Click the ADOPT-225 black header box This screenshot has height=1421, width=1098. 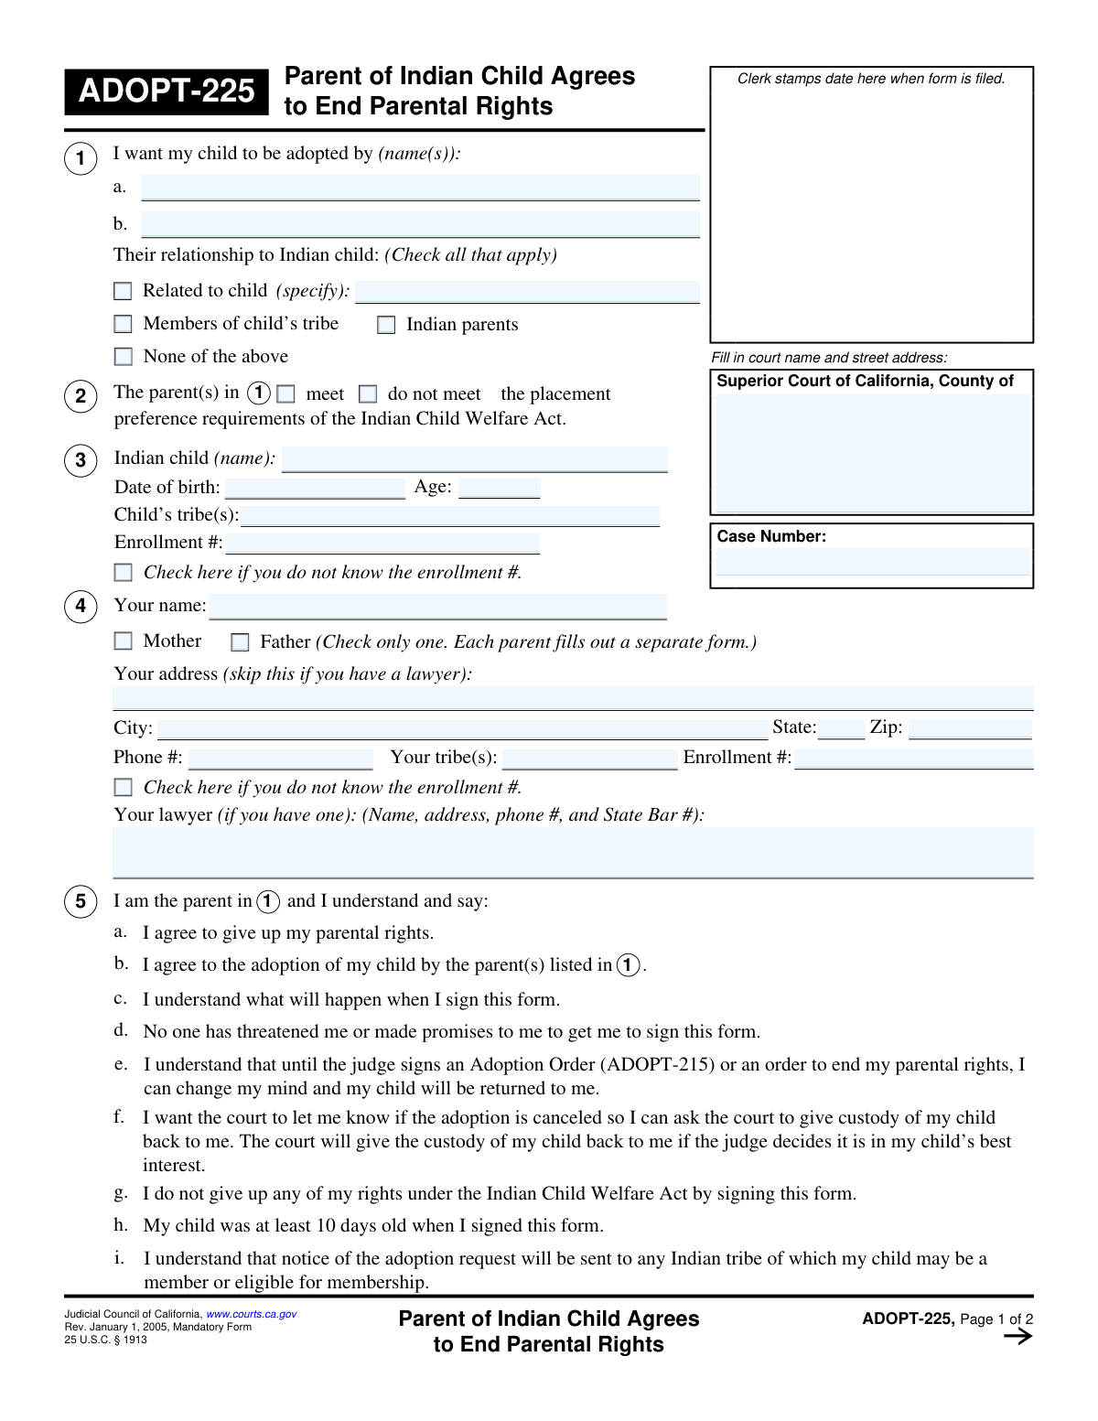click(x=167, y=92)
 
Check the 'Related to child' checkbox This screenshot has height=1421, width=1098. click(x=123, y=291)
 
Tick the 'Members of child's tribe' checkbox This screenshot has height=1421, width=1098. click(x=123, y=324)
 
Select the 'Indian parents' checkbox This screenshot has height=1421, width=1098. click(x=386, y=325)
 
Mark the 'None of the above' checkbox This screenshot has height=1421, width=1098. click(x=123, y=357)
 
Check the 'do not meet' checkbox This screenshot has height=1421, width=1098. click(x=368, y=394)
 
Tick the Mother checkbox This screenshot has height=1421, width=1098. click(x=123, y=641)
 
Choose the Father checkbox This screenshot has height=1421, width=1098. click(x=240, y=642)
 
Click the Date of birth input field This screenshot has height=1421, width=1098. click(x=315, y=488)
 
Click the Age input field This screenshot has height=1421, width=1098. click(x=499, y=488)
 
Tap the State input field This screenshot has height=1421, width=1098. click(x=841, y=728)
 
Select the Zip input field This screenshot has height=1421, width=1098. click(x=970, y=728)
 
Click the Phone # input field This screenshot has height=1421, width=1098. click(x=280, y=759)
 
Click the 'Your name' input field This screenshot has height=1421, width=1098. click(x=437, y=607)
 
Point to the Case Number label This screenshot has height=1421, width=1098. click(x=771, y=536)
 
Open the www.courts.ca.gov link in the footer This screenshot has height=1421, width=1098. click(x=252, y=1314)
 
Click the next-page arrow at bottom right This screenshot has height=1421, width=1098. click(x=1017, y=1337)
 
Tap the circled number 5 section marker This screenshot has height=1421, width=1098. click(x=81, y=902)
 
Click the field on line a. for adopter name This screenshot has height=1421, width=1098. click(x=420, y=188)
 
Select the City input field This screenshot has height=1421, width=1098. click(x=462, y=729)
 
